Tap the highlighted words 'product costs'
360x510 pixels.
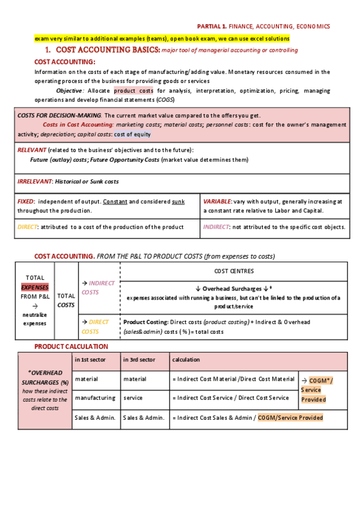[133, 91]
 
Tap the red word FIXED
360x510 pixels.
[25, 201]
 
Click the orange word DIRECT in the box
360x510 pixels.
[27, 227]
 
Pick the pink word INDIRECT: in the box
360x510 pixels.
[217, 227]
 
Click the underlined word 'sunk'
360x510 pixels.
[178, 201]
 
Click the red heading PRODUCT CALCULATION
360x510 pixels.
[71, 346]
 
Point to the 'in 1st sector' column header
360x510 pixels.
[90, 360]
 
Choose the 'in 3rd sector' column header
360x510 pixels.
[139, 360]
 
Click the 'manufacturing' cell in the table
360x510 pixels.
[96, 398]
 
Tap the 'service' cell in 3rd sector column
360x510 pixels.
[133, 398]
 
